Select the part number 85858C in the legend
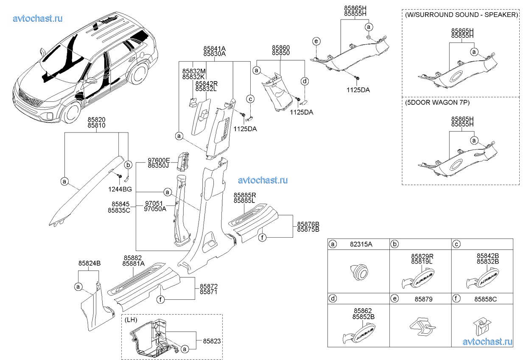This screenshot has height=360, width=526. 485,299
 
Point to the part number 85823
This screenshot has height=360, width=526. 212,341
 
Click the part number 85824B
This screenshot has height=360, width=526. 89,263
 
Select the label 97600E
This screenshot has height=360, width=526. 159,160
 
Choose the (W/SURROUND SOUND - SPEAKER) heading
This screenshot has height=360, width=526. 461,14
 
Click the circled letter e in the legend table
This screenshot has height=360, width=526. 395,299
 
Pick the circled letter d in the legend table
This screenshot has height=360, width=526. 333,299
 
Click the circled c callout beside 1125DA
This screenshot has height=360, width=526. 250,99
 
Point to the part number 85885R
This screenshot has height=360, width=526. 244,194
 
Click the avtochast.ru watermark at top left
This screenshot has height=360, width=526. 38,18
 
